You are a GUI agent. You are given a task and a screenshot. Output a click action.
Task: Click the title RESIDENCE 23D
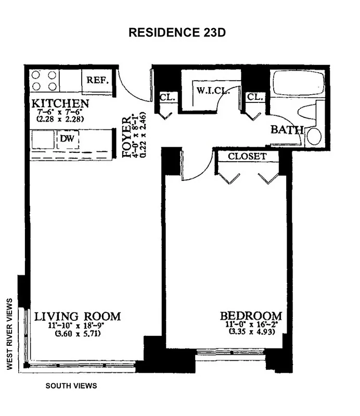tap(177, 32)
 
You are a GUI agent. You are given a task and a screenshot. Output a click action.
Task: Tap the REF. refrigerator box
tap(97, 81)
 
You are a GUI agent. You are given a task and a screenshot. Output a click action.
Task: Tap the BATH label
tap(287, 129)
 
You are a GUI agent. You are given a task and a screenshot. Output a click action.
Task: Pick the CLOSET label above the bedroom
tap(247, 156)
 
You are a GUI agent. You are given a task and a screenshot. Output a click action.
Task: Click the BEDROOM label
tap(251, 316)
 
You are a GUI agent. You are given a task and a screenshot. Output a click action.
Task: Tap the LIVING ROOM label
tap(78, 316)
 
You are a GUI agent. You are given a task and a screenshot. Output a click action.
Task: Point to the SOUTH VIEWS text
tap(71, 386)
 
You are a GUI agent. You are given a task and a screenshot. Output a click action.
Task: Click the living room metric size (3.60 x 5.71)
tap(78, 334)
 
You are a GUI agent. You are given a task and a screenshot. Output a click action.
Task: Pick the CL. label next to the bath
tap(255, 97)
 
